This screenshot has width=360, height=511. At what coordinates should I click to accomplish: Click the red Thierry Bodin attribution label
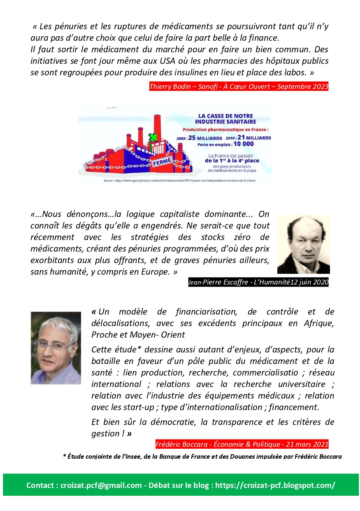(239, 86)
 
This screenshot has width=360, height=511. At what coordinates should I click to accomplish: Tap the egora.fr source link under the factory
(175, 180)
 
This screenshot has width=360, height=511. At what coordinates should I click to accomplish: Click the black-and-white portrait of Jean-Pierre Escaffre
(303, 244)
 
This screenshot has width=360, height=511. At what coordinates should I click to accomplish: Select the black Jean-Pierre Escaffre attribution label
(258, 282)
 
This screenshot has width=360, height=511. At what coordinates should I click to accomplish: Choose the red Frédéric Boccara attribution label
(242, 444)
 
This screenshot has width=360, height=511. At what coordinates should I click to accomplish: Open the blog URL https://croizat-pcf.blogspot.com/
(275, 485)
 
